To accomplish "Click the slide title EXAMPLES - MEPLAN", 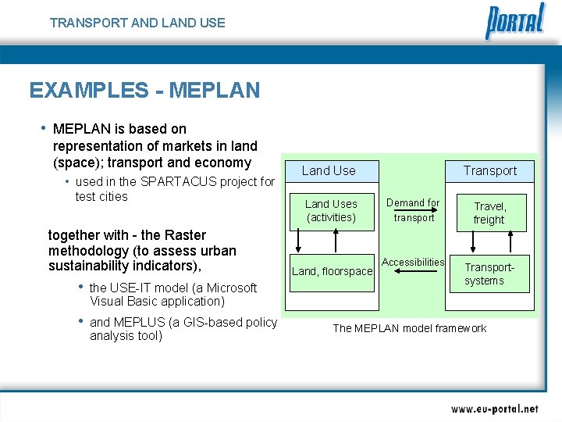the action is (x=144, y=91).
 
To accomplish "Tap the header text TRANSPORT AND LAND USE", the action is (x=137, y=23).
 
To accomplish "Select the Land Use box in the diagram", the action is (x=329, y=170).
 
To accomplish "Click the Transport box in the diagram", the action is (x=489, y=170).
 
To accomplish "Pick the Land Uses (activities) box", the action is (x=331, y=211).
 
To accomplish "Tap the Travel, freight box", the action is (x=489, y=213).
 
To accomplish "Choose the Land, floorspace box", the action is (x=332, y=272).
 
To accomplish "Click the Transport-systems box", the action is (x=489, y=274).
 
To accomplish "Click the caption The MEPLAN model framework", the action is (x=409, y=328).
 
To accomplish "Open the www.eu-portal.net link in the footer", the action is (x=494, y=409).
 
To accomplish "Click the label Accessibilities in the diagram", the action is (x=413, y=263).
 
